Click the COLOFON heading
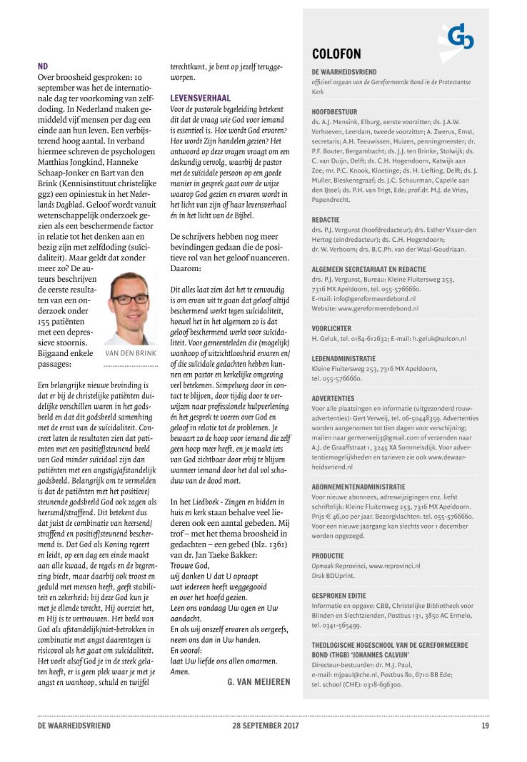[x=336, y=54]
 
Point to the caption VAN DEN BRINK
[x=130, y=353]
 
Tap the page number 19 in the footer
[x=485, y=726]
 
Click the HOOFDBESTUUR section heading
[x=334, y=112]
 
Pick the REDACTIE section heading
[x=326, y=220]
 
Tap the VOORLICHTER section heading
[x=331, y=328]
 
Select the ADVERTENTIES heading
[x=333, y=397]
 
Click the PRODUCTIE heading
[x=328, y=555]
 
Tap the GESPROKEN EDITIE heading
[x=340, y=594]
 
